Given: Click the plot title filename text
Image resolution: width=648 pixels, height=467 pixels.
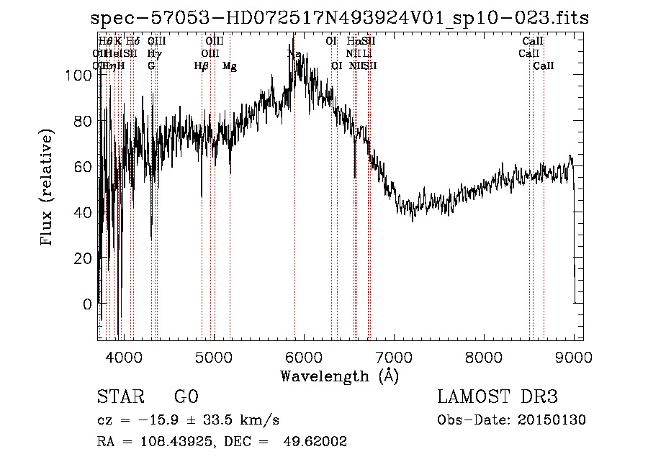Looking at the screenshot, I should pos(339,19).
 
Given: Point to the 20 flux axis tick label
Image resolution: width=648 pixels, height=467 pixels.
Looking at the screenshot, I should pos(84,258).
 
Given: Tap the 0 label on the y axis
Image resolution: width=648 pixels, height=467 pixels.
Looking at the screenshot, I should pos(88,304).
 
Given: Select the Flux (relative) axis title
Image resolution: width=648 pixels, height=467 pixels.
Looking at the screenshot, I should pos(48,189).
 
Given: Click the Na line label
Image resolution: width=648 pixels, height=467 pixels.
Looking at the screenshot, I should pos(294,54).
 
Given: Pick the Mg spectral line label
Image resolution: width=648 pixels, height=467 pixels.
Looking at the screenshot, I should pos(230,66).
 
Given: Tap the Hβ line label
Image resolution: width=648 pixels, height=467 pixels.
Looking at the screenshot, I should pos(202,66).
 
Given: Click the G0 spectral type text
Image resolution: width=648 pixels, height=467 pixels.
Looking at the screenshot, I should pos(186,397).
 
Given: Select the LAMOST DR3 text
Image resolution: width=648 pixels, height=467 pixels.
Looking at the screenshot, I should pos(498,397).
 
